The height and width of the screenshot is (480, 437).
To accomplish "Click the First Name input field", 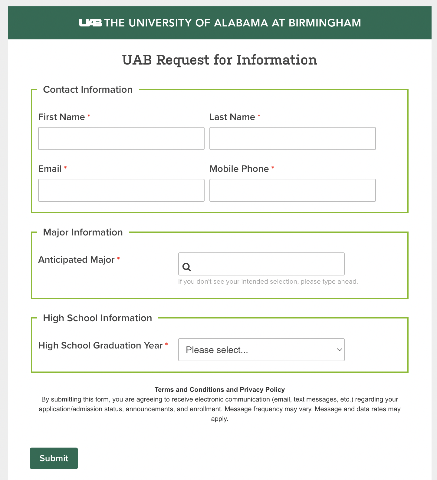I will click(x=121, y=138).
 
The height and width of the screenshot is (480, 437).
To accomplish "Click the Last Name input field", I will click(x=292, y=138).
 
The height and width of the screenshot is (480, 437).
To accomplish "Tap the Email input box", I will click(x=121, y=190).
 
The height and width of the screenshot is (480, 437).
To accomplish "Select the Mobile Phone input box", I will click(x=292, y=190).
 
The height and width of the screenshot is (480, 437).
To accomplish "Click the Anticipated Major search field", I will click(x=266, y=264).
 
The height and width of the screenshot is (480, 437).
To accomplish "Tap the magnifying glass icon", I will click(x=187, y=267).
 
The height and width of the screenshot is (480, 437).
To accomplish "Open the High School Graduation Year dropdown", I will click(x=261, y=350).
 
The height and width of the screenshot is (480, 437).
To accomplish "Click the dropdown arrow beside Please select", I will click(x=339, y=350).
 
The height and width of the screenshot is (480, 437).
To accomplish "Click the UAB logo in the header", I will click(x=90, y=23).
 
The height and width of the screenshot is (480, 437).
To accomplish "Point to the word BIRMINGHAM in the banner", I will click(x=325, y=23).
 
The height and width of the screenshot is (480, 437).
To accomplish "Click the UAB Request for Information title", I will click(x=219, y=60).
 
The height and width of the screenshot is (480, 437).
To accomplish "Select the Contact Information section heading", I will click(x=88, y=90).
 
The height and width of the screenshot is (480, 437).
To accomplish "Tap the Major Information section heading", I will click(x=83, y=232).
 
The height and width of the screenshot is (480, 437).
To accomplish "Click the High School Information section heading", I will click(x=97, y=318).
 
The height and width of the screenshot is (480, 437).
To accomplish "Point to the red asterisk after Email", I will click(x=65, y=168).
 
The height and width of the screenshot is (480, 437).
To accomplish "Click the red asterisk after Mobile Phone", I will click(x=273, y=168).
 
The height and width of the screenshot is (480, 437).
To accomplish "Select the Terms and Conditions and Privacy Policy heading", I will click(x=219, y=389).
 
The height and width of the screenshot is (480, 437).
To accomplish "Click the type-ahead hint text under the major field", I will click(x=268, y=282).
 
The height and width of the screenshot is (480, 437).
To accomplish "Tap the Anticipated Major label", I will click(x=76, y=260).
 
